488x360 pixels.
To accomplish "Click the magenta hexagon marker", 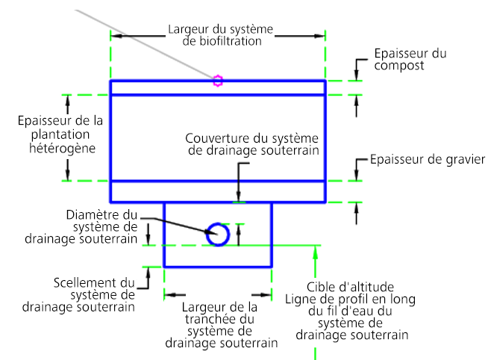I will pos(217,81).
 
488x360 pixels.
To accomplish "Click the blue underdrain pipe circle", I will pos(218,235).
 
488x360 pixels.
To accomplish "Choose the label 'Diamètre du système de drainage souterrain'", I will pos(102,226).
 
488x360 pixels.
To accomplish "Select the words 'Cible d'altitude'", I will pos(350,287).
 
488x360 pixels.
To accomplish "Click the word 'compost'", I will pos(400,66).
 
